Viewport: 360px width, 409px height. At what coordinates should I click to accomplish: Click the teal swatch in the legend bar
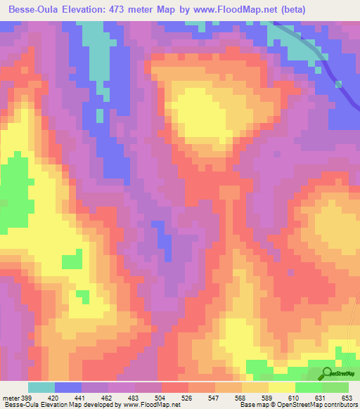point(41,387)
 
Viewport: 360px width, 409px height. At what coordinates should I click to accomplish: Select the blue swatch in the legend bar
point(68,387)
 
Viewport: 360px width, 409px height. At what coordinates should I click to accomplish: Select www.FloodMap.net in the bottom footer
point(150,404)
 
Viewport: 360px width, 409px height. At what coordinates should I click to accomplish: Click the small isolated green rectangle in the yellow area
point(72,261)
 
